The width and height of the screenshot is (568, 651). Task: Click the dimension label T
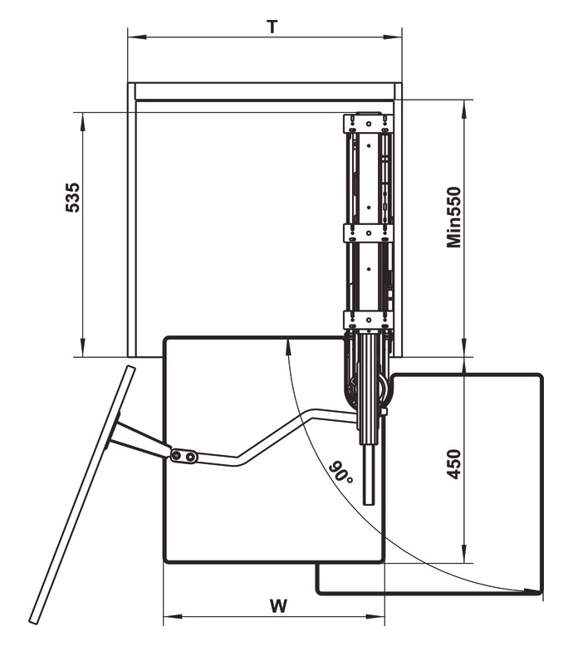pyautogui.click(x=272, y=26)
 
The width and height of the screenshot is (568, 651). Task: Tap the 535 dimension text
pyautogui.click(x=73, y=198)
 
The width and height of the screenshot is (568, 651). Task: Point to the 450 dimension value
pyautogui.click(x=453, y=463)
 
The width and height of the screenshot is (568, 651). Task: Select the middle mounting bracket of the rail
pyautogui.click(x=366, y=232)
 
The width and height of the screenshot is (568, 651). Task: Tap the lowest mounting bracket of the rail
pyautogui.click(x=366, y=319)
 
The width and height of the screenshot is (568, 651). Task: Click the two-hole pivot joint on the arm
pyautogui.click(x=184, y=456)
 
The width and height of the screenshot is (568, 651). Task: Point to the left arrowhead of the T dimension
pyautogui.click(x=133, y=37)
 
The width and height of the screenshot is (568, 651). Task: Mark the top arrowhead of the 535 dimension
pyautogui.click(x=84, y=118)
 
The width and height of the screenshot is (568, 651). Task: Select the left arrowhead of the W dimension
pyautogui.click(x=169, y=617)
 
